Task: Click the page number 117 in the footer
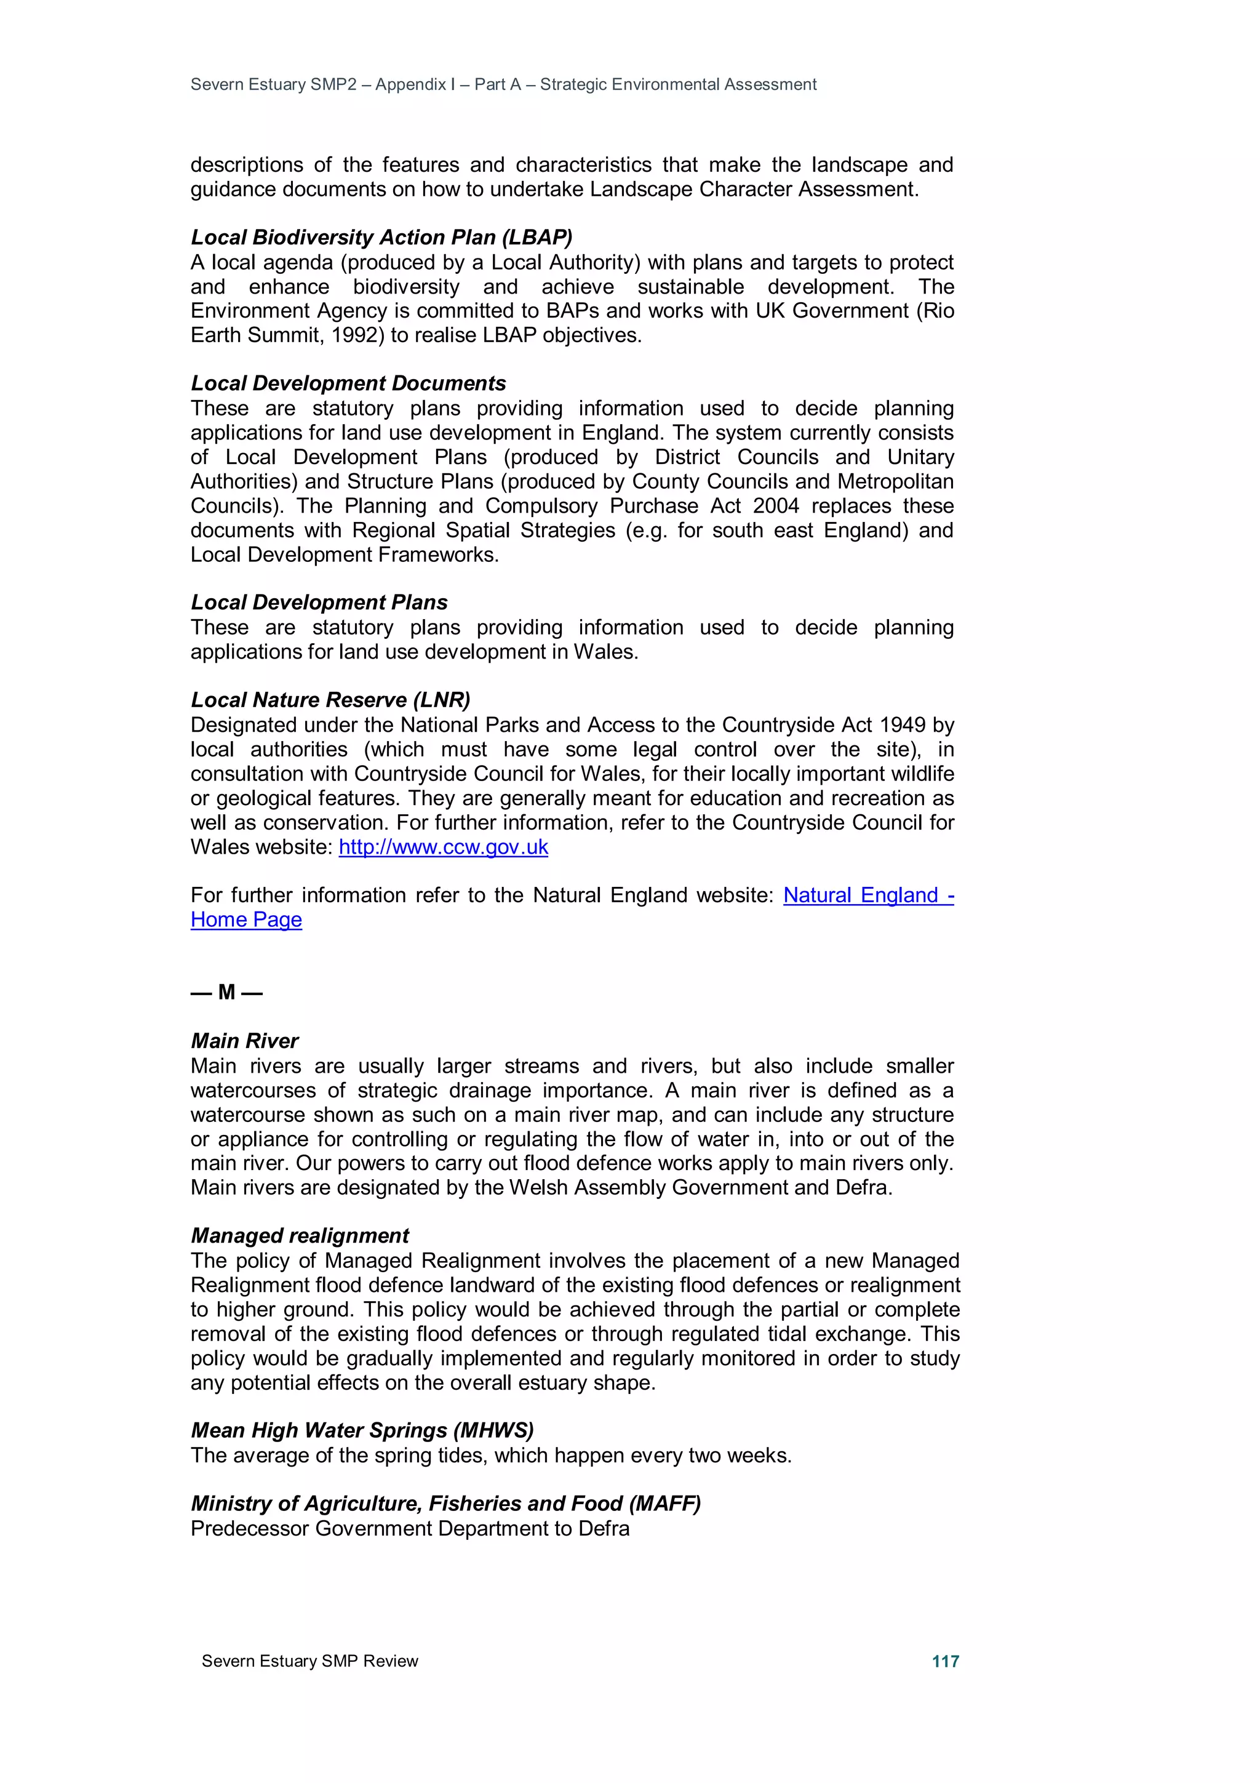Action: [x=945, y=1661]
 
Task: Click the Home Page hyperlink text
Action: [x=246, y=920]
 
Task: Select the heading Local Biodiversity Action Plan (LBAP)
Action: [x=381, y=237]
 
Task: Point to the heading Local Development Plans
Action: [x=319, y=602]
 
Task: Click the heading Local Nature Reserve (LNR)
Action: [x=331, y=700]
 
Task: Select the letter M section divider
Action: [x=226, y=993]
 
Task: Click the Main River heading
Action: [x=244, y=1041]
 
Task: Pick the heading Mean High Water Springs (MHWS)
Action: [x=362, y=1430]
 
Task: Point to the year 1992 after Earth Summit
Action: [x=357, y=335]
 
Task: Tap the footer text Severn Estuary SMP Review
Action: [x=309, y=1661]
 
